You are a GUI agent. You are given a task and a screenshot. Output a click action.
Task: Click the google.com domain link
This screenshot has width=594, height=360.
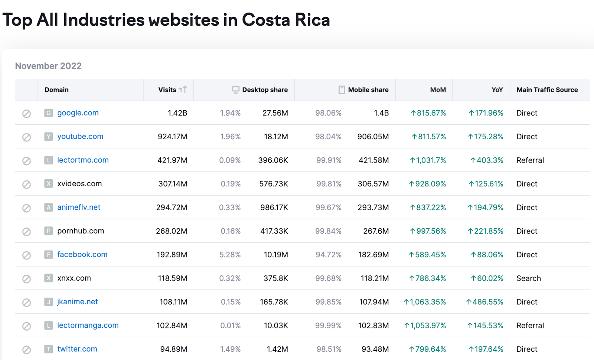pos(78,113)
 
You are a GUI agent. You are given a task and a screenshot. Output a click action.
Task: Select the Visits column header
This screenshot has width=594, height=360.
pos(167,90)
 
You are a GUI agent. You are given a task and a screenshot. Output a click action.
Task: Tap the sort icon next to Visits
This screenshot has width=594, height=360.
pos(183,89)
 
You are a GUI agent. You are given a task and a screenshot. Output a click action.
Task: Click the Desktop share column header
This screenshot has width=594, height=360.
pos(265,90)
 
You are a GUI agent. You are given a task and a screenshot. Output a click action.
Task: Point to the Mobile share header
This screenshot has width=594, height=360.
pos(368,90)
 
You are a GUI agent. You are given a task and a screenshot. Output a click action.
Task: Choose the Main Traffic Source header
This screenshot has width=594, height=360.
pos(547,90)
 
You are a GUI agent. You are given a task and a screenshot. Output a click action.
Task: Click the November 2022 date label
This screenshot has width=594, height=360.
pos(48,66)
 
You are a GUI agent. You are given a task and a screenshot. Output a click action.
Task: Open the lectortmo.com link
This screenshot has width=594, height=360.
pos(83,160)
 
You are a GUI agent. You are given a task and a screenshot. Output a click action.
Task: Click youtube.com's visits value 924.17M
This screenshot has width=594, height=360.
pos(172,137)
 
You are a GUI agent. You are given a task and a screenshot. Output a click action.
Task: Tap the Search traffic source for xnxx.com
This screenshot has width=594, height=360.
pos(528,278)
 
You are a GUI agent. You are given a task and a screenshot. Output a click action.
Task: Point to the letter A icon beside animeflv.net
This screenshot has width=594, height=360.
pos(48,207)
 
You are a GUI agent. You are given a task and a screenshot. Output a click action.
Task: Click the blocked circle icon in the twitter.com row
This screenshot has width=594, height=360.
pos(26,350)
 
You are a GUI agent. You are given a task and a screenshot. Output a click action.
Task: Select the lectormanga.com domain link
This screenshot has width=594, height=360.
pos(88,325)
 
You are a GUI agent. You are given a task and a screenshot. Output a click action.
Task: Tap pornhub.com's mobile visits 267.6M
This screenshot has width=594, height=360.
pos(376,231)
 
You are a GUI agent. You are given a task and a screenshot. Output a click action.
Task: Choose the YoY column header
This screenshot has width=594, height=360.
pos(497,90)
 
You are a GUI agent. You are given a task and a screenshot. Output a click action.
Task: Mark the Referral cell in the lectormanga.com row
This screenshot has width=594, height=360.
pos(530,325)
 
